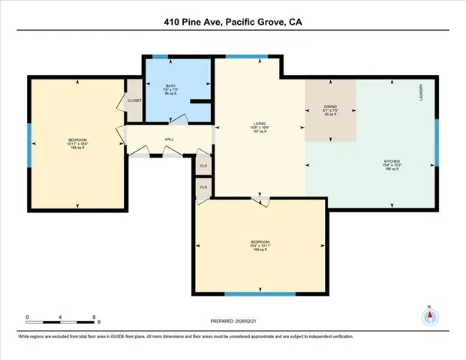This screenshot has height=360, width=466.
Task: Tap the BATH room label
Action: (x=170, y=86)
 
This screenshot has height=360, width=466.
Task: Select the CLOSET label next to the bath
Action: (x=134, y=100)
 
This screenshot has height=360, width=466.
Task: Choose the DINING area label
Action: (x=330, y=107)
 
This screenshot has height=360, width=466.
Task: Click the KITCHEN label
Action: (x=391, y=161)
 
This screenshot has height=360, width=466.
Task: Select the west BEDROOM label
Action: (x=78, y=140)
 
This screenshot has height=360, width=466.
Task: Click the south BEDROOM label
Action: (x=260, y=242)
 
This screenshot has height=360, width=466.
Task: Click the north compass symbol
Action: (x=429, y=316)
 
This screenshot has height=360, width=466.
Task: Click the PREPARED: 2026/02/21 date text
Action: (x=232, y=322)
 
